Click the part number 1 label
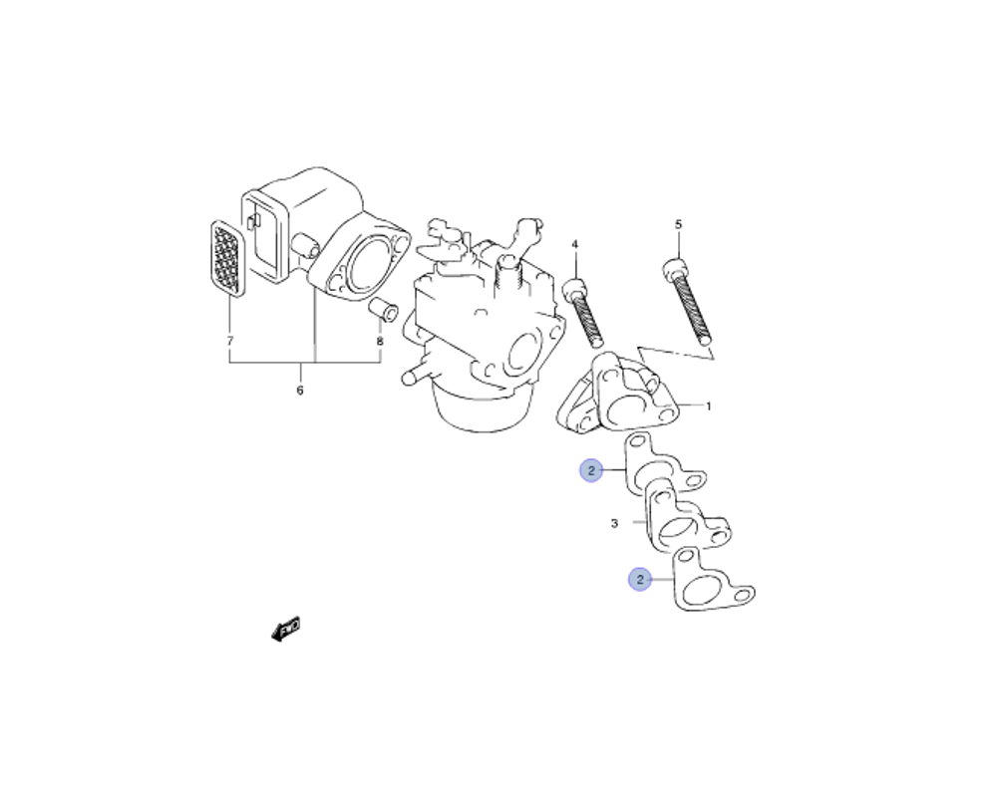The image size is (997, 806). pos(708,406)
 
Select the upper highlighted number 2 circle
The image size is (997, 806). pos(591,470)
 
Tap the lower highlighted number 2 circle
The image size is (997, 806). pos(638,578)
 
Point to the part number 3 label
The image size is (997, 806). pos(614,522)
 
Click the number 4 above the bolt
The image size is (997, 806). pos(574,244)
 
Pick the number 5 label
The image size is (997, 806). pos(678,224)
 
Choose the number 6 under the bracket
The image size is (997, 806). pos(299,391)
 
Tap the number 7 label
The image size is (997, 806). pos(229,341)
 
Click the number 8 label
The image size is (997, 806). pos(379,341)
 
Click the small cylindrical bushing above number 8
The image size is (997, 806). pos(384,309)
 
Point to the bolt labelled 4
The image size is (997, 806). pos(583,309)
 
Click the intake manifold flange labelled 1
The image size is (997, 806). pos(618,399)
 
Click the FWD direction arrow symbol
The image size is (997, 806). pos(286,629)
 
